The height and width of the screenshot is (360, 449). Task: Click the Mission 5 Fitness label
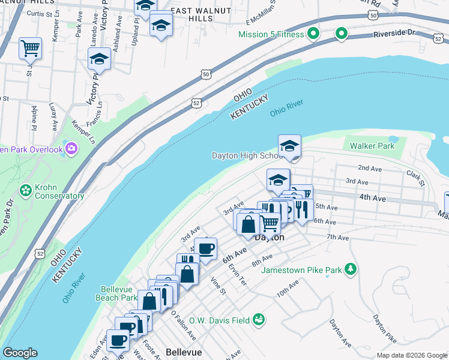pyautogui.click(x=271, y=34)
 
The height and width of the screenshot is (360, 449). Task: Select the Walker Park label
pyautogui.click(x=372, y=146)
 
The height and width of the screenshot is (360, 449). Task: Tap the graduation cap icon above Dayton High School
pyautogui.click(x=289, y=146)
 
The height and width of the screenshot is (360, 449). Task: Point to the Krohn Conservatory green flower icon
pyautogui.click(x=25, y=191)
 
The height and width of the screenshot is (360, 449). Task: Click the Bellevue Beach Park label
pyautogui.click(x=116, y=293)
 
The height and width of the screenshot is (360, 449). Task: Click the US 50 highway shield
pyautogui.click(x=206, y=74)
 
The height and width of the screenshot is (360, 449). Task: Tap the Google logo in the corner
pyautogui.click(x=20, y=353)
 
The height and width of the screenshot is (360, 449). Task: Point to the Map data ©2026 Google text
pyautogui.click(x=412, y=355)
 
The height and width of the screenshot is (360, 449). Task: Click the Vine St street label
pyautogui.click(x=218, y=286)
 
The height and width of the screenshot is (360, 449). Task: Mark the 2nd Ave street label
pyautogui.click(x=370, y=169)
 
